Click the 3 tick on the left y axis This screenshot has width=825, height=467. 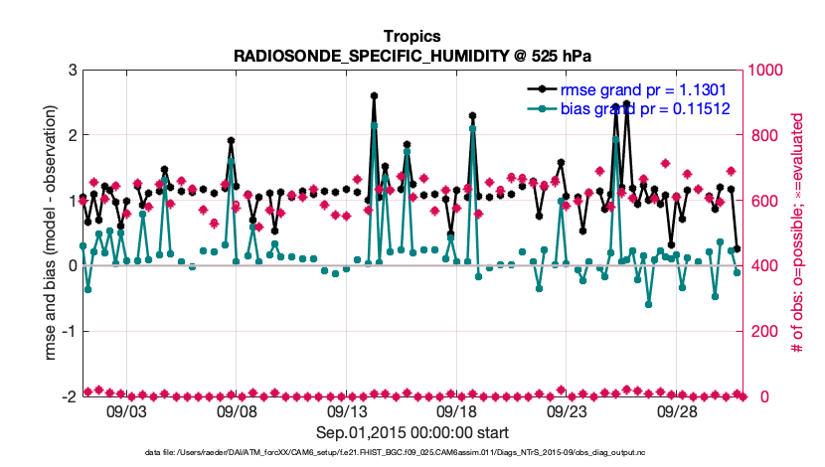coord(73,70)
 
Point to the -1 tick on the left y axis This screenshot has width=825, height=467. coord(70,331)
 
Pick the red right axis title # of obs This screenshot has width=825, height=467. coord(798,233)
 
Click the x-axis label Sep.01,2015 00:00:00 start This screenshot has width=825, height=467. coord(412,432)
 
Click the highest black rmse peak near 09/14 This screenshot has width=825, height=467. coord(374,95)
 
